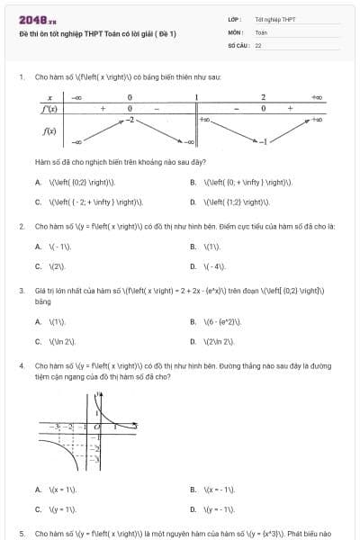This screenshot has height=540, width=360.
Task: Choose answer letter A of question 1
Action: tap(38, 182)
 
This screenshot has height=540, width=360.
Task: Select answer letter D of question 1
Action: tap(193, 202)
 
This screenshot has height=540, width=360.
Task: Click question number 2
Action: tap(22, 226)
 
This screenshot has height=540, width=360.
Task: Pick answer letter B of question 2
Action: tap(193, 246)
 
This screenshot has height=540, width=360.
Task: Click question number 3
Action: tap(22, 291)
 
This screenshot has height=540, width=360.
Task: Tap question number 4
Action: tap(22, 367)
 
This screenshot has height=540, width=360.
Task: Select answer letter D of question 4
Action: tap(193, 509)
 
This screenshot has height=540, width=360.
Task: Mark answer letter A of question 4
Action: tap(38, 490)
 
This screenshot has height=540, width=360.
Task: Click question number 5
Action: tap(22, 534)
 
